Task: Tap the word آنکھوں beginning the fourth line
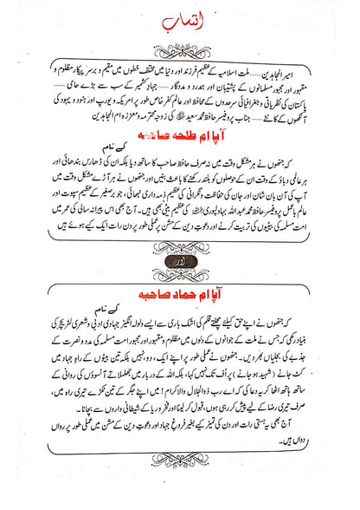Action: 316,126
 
